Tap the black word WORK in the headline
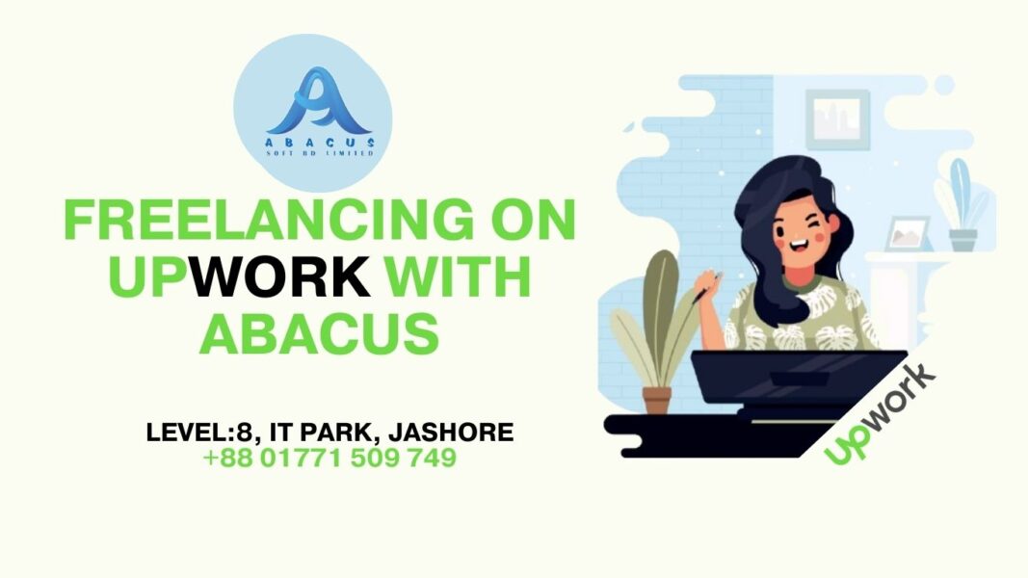tap(281, 277)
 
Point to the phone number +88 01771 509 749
tap(329, 459)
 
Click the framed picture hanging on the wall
tap(837, 119)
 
